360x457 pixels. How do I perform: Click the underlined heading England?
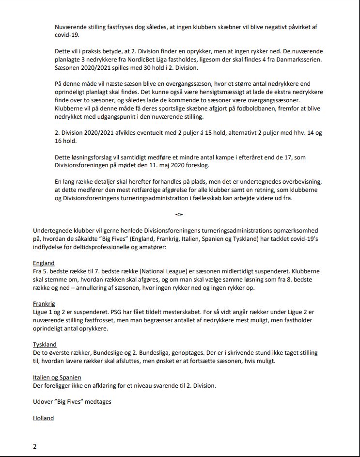tap(44, 263)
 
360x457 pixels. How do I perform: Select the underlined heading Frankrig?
tap(44, 304)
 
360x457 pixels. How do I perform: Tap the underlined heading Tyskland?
tap(45, 345)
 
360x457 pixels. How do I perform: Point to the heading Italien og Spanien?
tap(57, 377)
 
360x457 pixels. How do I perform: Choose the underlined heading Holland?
tap(43, 418)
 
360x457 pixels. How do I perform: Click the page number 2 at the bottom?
tap(35, 446)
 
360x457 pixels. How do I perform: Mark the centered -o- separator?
tap(179, 214)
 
